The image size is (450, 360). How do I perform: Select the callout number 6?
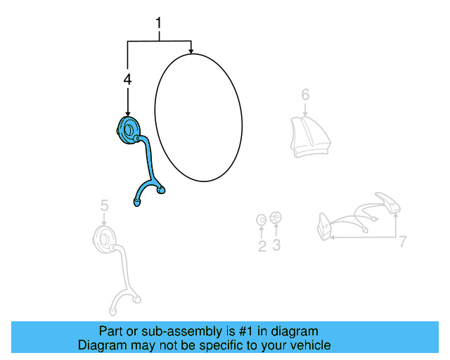tap(305, 94)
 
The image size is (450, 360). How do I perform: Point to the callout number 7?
tap(403, 242)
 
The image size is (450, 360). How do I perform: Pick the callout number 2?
tap(262, 245)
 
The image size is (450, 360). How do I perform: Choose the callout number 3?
tap(276, 245)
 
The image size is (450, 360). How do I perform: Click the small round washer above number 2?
tap(261, 220)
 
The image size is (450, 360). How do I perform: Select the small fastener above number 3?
tap(276, 217)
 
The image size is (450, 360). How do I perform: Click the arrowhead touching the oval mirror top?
tap(191, 50)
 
